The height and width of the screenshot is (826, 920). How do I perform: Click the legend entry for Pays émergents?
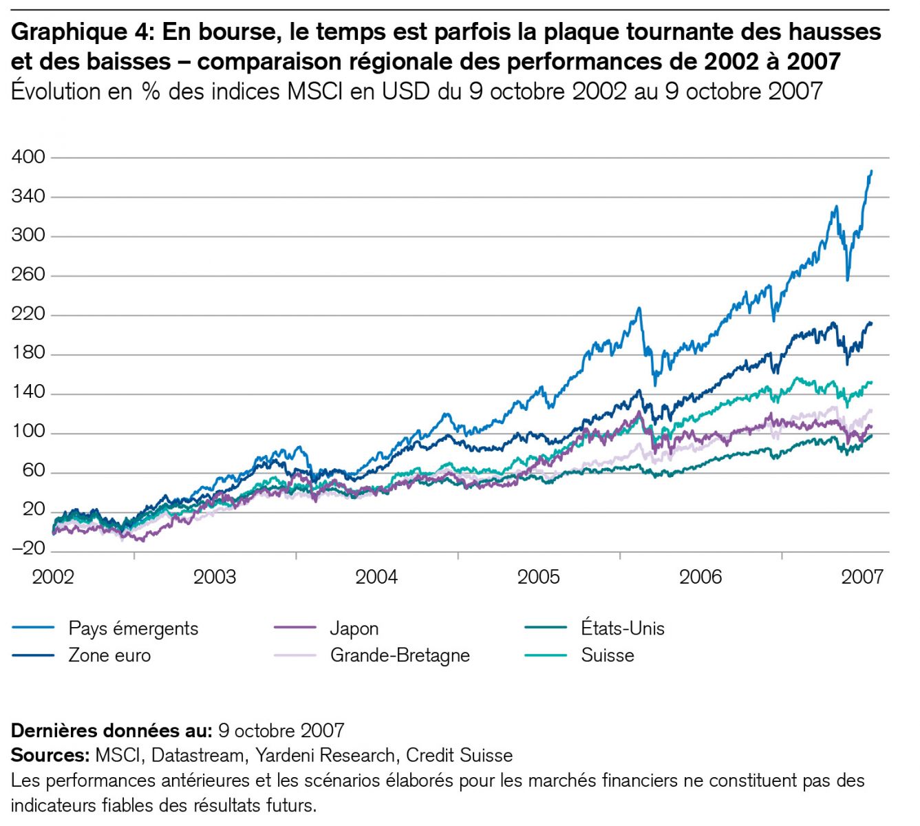tap(133, 628)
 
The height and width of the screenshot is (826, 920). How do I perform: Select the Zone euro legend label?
tap(109, 655)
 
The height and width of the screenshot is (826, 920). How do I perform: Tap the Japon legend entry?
tap(354, 628)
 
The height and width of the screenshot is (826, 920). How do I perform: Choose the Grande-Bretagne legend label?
tap(400, 655)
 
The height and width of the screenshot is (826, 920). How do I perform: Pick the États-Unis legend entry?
tap(622, 628)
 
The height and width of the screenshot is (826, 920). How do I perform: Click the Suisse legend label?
tap(607, 655)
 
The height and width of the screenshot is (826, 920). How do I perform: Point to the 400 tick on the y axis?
tap(28, 158)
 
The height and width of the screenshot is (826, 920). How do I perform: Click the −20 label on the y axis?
tap(28, 549)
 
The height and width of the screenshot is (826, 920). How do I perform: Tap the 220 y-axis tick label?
tap(28, 315)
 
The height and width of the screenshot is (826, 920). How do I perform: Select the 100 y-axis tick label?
tap(28, 432)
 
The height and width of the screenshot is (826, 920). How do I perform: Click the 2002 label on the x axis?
tap(53, 577)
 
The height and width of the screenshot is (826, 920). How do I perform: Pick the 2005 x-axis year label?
tap(539, 577)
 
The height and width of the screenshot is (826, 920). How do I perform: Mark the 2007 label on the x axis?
tap(862, 577)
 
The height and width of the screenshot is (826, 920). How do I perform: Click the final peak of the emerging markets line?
tap(871, 171)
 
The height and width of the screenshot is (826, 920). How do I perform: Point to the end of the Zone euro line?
tap(871, 323)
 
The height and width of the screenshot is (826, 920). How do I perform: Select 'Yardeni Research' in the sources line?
tap(325, 756)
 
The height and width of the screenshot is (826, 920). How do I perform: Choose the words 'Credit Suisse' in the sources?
tap(459, 756)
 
